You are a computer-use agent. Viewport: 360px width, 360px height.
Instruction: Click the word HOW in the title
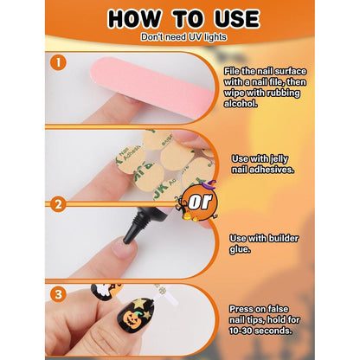coord(133,19)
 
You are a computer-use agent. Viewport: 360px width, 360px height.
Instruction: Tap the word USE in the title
coord(237,19)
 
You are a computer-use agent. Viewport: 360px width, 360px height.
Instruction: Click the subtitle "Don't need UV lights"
coord(183,37)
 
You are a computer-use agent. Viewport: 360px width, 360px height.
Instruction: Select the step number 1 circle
coord(58,62)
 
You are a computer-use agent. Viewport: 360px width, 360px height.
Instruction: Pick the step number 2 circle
coord(58,204)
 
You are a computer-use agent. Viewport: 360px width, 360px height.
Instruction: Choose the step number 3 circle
coord(58,294)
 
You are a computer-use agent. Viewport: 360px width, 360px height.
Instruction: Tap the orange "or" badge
coord(201,201)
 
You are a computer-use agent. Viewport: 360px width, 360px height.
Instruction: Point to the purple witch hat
coord(209,184)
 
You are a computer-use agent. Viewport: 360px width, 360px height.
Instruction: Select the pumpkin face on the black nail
coord(133,318)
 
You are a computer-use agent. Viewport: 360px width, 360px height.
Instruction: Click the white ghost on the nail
coord(100,292)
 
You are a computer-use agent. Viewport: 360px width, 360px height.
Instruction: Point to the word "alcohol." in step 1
coord(241,104)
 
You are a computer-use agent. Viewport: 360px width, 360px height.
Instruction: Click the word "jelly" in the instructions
coord(280,158)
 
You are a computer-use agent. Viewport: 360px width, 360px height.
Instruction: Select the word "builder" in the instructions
coord(283,238)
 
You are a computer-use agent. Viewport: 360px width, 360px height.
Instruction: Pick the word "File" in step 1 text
coord(232,71)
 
